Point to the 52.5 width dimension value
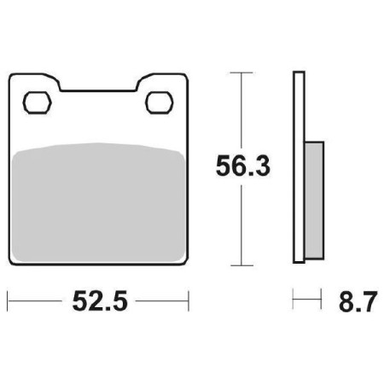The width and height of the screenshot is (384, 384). tap(97, 303)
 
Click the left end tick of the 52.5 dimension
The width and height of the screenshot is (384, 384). tap(8, 300)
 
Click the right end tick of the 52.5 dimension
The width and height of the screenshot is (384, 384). tap(187, 300)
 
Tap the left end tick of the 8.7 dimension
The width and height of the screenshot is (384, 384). tap(294, 300)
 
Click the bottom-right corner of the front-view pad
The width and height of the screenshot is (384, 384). tap(183, 260)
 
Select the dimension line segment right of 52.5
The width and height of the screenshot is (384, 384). tap(162, 300)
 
